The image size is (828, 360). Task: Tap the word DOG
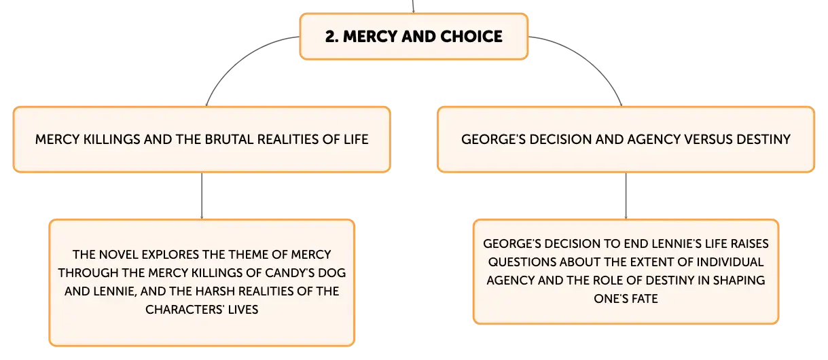coord(330,273)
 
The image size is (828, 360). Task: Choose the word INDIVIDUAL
coord(730,262)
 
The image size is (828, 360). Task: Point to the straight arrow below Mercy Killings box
coord(202,196)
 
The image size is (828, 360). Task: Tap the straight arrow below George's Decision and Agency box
coord(626,196)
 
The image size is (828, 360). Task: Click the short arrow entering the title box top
coord(413,6)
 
